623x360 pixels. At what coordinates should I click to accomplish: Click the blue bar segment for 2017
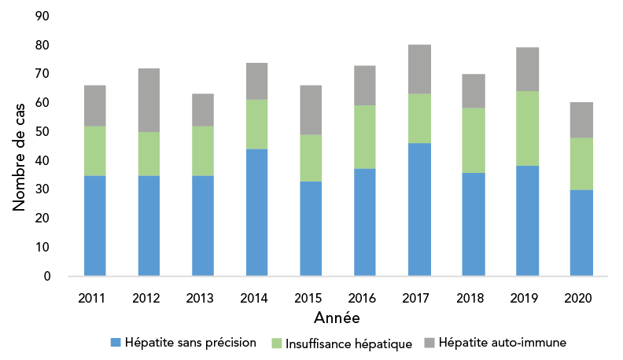[419, 209]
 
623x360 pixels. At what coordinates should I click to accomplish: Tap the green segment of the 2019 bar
[528, 128]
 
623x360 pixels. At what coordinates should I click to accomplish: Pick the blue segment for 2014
[257, 212]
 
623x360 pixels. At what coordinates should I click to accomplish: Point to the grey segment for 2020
[581, 119]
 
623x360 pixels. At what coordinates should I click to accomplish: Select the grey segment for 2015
[311, 109]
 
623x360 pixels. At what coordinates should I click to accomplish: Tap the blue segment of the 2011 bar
[94, 226]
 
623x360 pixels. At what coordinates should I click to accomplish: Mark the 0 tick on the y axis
[47, 276]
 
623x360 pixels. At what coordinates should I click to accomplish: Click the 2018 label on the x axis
[474, 299]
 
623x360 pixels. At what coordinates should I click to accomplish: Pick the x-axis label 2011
[94, 299]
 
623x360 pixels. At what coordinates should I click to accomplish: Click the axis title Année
[337, 318]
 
